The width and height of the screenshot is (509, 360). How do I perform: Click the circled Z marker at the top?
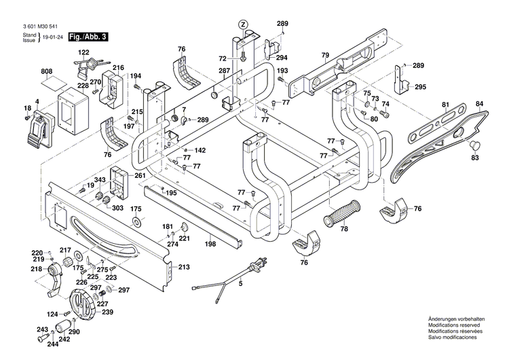(x=242, y=24)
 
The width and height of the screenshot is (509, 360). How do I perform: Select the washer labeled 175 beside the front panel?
(x=136, y=222)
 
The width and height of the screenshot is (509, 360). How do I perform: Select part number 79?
(x=325, y=54)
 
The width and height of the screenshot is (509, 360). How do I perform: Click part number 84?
(x=479, y=104)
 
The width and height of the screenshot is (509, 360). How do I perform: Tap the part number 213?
(x=184, y=268)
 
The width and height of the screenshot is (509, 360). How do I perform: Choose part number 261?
(x=140, y=175)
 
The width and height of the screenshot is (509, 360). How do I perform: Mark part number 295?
(x=420, y=87)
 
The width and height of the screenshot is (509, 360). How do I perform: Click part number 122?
(x=83, y=52)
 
